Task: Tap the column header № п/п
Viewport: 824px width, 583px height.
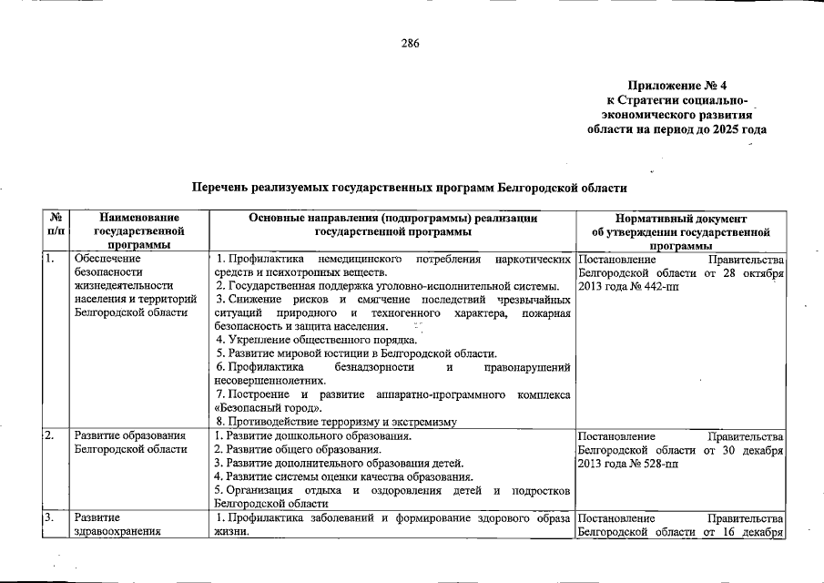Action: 56,225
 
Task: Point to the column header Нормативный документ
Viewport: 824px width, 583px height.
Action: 680,219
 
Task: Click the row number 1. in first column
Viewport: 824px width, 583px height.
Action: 50,258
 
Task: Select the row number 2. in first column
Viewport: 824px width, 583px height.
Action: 50,435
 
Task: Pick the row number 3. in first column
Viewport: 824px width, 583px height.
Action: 50,518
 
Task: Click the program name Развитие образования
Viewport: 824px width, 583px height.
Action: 130,435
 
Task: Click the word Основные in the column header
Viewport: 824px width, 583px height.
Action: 278,219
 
